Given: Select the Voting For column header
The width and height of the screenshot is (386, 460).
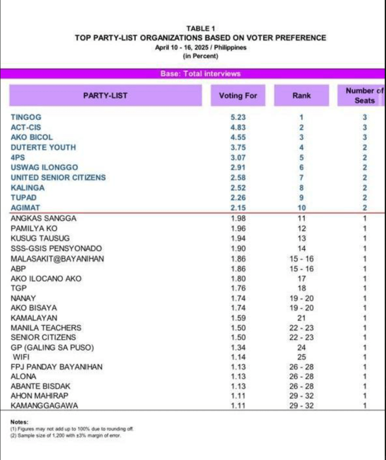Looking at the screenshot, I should point(238,95).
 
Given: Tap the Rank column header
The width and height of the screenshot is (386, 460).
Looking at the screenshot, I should point(301,95).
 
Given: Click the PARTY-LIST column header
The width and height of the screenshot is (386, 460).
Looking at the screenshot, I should point(105,95).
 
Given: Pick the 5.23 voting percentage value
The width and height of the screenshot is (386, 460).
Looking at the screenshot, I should point(238,117).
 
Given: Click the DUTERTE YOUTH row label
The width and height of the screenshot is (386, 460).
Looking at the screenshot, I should point(43,147).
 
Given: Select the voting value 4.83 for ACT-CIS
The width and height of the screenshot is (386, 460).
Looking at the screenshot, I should point(238,128).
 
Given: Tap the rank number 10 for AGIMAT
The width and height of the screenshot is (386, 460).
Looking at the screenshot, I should point(301,208).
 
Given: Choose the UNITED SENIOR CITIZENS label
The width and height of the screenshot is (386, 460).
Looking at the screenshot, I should point(58,177).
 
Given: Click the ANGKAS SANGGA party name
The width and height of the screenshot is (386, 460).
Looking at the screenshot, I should point(44,218).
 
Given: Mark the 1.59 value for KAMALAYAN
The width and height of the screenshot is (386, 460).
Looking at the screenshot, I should point(238,318).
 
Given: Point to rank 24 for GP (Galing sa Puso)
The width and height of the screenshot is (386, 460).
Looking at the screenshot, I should point(301,347).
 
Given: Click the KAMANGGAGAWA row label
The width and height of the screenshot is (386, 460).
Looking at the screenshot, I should point(44,406).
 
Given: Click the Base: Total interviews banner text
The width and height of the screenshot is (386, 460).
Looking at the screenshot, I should point(200,74).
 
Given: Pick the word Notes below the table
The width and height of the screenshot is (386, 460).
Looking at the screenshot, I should point(19,422).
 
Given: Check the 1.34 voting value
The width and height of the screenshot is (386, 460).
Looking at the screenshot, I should point(238,347).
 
